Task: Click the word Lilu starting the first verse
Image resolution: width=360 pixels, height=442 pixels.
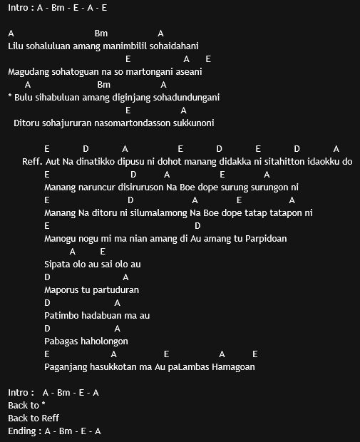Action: [x=16, y=46]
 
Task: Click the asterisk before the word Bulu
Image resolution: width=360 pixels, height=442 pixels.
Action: [x=10, y=98]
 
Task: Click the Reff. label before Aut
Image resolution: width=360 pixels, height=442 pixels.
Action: [x=32, y=162]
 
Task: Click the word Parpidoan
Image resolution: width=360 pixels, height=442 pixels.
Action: [x=264, y=239]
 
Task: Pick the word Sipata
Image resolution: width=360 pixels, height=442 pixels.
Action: [x=58, y=264]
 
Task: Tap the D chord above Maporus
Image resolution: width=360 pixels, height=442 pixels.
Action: [x=47, y=277]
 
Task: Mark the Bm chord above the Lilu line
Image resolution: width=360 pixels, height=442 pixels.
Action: [x=101, y=34]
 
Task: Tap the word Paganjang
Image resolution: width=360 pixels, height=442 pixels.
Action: [x=66, y=367]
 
